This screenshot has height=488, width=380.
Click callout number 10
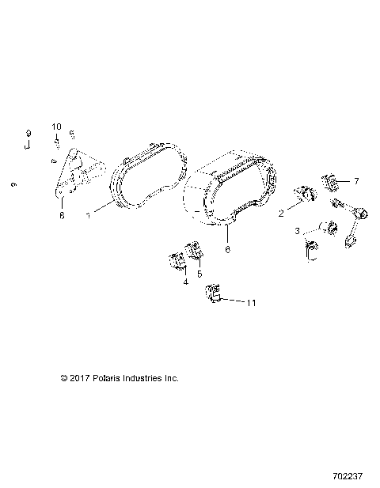tap(56, 127)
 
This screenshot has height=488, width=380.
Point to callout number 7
tap(356, 181)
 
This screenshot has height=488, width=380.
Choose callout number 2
tap(281, 214)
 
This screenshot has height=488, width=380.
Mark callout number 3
tap(297, 231)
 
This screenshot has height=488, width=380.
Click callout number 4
tap(185, 282)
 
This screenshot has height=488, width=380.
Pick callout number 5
tap(199, 274)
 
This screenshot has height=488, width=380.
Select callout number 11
tap(251, 302)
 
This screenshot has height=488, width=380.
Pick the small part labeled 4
tap(176, 261)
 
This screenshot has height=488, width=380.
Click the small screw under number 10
tap(57, 143)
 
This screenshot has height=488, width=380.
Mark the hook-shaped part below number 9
tap(26, 146)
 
